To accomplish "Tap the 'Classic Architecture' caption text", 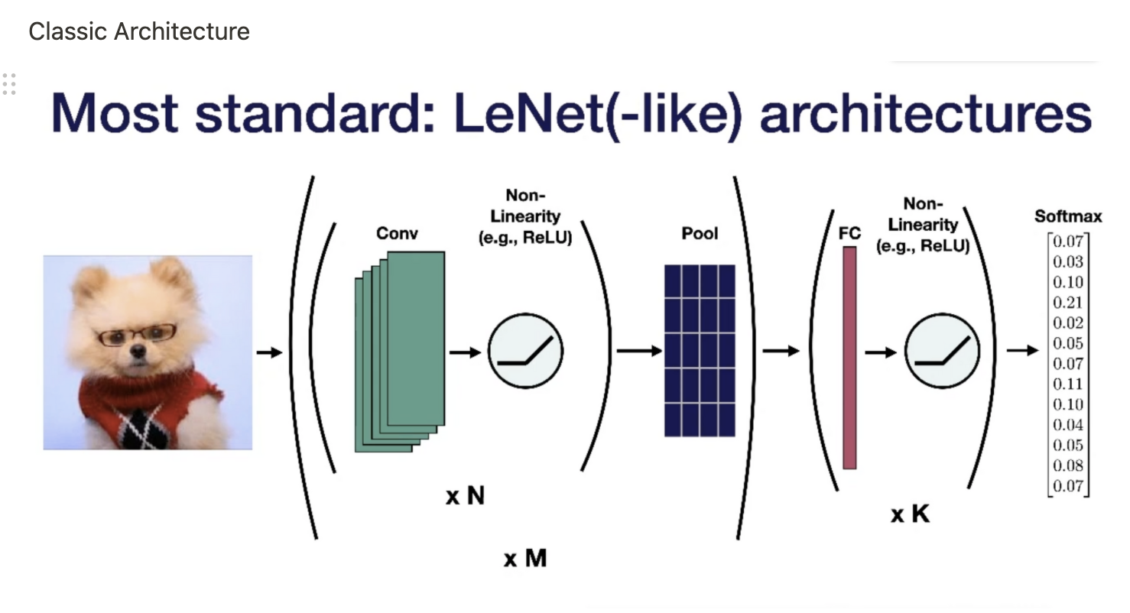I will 139,31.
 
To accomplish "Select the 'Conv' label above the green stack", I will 397,233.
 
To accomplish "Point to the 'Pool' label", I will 700,233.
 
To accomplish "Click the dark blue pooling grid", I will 700,351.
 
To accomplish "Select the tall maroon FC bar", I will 849,357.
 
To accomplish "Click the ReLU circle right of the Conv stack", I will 525,352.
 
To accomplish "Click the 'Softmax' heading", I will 1068,216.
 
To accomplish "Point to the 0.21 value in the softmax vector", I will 1068,303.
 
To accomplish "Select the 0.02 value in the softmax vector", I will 1068,323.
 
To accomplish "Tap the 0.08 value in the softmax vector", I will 1068,465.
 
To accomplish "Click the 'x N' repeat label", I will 465,496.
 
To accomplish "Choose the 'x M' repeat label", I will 525,558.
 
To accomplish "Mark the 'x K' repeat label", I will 910,514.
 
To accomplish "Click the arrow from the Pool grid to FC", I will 780,351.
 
